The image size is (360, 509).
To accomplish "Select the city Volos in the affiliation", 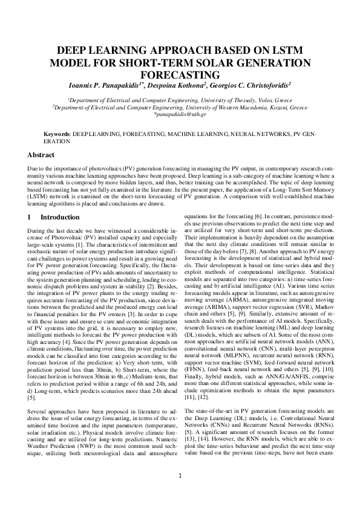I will [251, 99].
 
